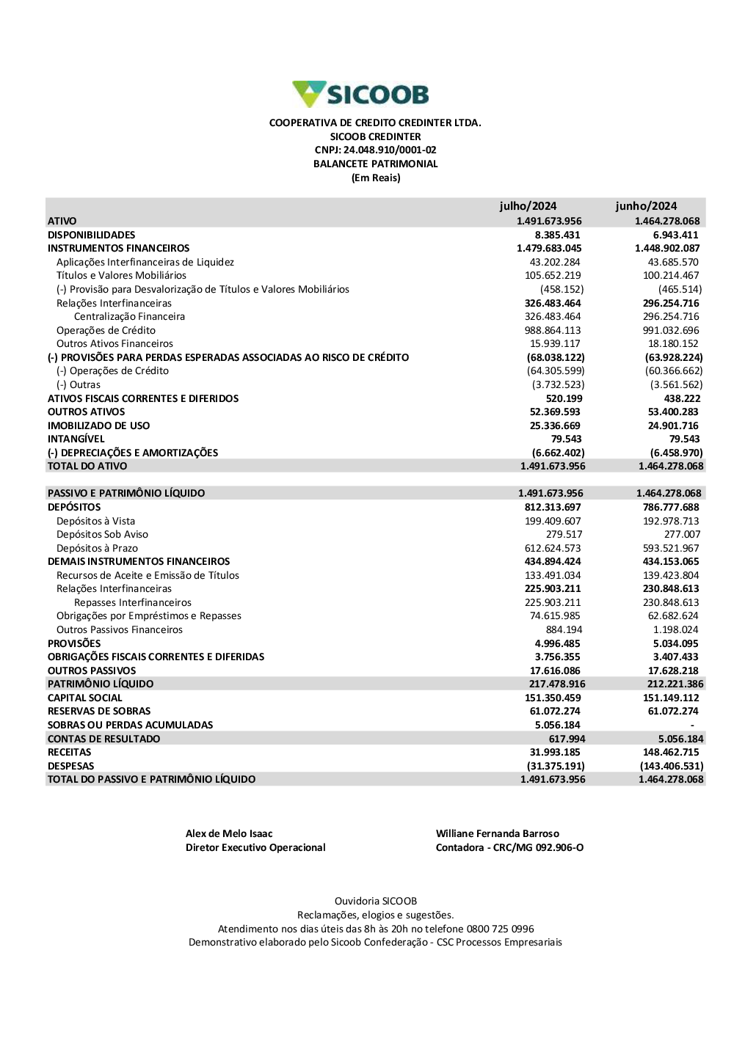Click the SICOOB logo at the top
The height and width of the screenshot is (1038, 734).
pyautogui.click(x=360, y=95)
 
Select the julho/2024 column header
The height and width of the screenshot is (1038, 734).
pyautogui.click(x=528, y=206)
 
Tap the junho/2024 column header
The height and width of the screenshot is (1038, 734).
pyautogui.click(x=646, y=206)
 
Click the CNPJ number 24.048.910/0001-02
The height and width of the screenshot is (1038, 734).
pyautogui.click(x=390, y=150)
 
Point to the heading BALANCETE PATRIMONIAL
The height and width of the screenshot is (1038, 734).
pyautogui.click(x=375, y=164)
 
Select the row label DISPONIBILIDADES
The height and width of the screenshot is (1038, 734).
pyautogui.click(x=92, y=235)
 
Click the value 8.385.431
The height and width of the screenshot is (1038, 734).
pyautogui.click(x=557, y=235)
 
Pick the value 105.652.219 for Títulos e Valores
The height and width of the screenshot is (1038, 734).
pyautogui.click(x=553, y=276)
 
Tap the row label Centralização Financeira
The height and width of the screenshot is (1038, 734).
pyautogui.click(x=129, y=317)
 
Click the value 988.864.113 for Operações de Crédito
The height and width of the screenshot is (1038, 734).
pyautogui.click(x=553, y=331)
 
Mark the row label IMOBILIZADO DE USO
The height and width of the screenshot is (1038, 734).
pyautogui.click(x=98, y=425)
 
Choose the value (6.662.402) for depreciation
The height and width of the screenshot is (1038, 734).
pyautogui.click(x=559, y=453)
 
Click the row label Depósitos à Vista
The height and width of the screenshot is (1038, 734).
pyautogui.click(x=95, y=522)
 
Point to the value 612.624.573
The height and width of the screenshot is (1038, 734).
pyautogui.click(x=553, y=549)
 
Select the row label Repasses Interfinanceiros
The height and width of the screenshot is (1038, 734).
pyautogui.click(x=133, y=603)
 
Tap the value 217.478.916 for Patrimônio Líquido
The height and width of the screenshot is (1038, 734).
pyautogui.click(x=557, y=684)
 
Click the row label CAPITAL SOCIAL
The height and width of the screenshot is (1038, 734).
pyautogui.click(x=85, y=698)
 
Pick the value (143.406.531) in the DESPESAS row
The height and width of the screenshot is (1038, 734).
pyautogui.click(x=672, y=767)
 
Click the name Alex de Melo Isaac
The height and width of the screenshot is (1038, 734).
pyautogui.click(x=229, y=834)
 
